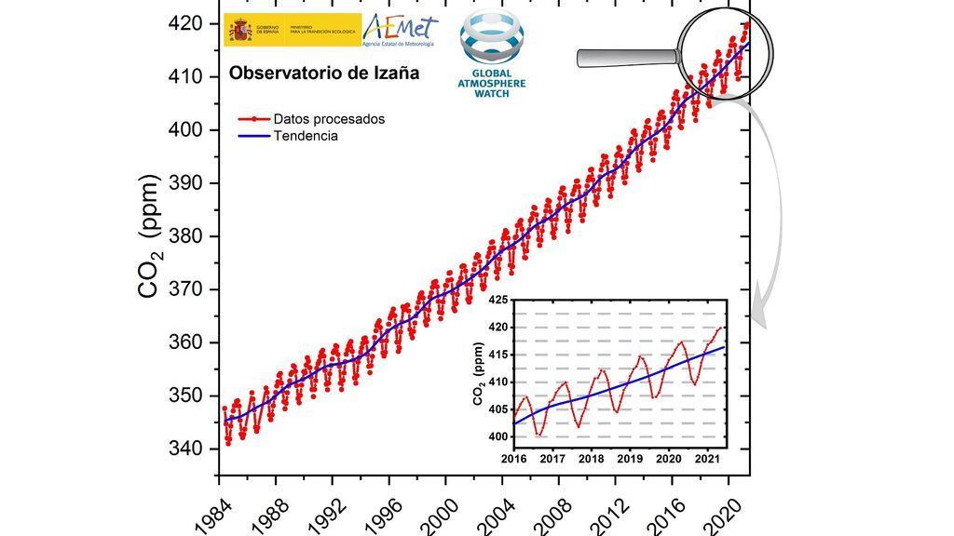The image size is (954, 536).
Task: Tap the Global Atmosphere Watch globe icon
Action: point(492,43)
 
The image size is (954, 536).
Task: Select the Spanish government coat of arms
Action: point(241,30)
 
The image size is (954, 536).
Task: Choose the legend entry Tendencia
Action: point(306,136)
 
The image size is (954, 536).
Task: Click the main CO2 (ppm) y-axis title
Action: point(149,235)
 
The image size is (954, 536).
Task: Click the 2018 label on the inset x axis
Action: point(591,459)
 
